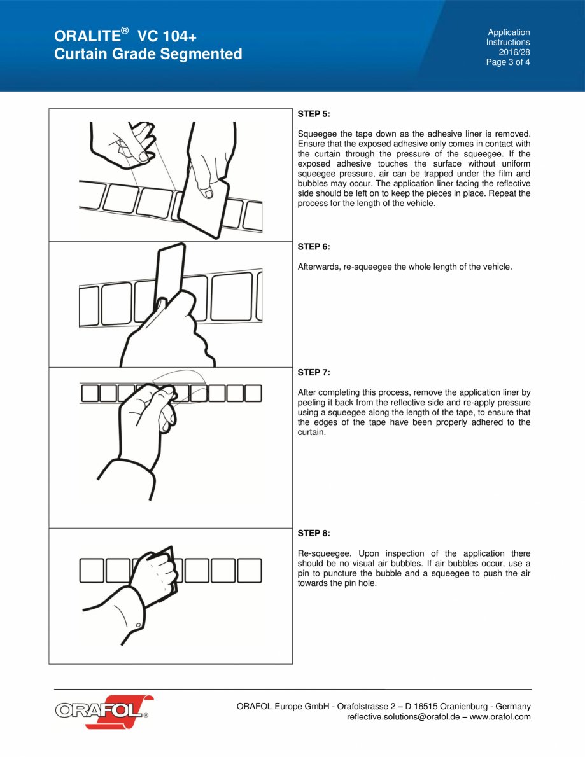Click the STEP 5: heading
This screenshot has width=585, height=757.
[x=314, y=114]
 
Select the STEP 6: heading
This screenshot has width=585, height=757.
[x=314, y=246]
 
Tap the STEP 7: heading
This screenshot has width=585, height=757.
[x=314, y=372]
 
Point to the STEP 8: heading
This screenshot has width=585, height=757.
[x=314, y=533]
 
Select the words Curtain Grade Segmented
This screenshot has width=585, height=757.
[x=148, y=54]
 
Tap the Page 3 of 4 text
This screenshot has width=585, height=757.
[x=507, y=62]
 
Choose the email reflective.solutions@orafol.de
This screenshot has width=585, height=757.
[x=406, y=717]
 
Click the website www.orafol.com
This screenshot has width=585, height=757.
[x=500, y=717]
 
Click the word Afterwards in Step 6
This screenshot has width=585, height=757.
[x=319, y=267]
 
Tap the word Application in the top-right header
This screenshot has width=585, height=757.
[x=509, y=32]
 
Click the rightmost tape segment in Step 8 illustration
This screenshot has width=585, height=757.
[x=250, y=570]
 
